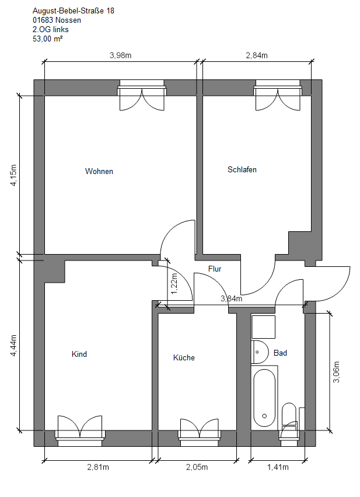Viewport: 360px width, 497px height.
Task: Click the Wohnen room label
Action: (99, 171)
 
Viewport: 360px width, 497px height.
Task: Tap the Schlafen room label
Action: (242, 169)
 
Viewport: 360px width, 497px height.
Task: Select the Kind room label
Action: (79, 354)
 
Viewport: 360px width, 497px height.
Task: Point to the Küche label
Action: (184, 357)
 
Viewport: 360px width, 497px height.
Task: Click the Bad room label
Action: (280, 353)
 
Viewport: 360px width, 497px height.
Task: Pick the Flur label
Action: (215, 269)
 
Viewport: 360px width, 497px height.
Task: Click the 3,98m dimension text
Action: (121, 55)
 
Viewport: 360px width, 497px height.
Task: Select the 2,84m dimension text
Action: (257, 55)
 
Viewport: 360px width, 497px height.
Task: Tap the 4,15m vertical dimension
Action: (13, 175)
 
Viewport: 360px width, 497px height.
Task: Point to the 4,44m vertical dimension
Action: (13, 346)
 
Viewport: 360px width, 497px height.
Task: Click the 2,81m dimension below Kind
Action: (98, 467)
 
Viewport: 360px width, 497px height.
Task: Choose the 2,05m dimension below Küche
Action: (197, 467)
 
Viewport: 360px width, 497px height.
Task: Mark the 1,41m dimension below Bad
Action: (278, 467)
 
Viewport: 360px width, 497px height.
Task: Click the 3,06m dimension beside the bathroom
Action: (336, 372)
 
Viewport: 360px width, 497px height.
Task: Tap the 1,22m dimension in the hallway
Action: (174, 284)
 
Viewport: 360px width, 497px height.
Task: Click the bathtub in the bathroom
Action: (264, 398)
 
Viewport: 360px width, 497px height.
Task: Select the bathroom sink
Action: (260, 352)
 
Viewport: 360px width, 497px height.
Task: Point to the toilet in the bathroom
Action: (289, 414)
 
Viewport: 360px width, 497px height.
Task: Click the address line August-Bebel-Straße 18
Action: (74, 11)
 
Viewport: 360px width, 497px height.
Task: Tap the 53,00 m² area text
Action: (48, 39)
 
